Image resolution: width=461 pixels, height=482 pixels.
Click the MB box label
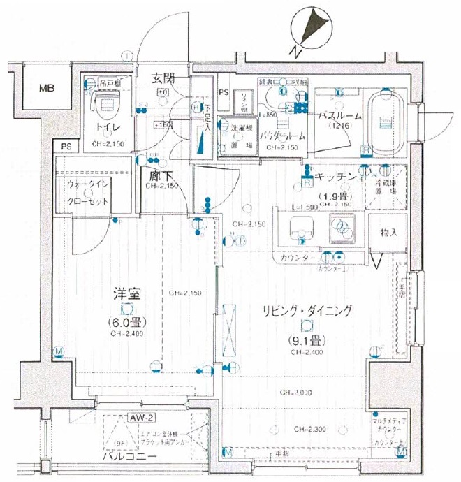pos(47,88)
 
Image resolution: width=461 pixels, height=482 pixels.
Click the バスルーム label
pos(339,115)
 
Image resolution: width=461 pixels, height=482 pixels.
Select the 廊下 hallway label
pos(155,177)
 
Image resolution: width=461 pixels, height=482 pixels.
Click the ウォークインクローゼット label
pos(89,193)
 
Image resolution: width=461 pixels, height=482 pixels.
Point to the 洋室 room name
pos(126,295)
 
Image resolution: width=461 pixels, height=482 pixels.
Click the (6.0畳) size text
pos(126,323)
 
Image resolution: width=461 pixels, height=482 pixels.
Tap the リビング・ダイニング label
pos(307,312)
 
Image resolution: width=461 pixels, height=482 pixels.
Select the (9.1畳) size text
pos(307,342)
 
